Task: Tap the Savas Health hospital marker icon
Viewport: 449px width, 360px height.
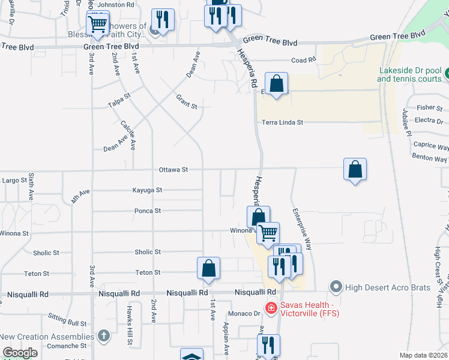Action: pyautogui.click(x=271, y=308)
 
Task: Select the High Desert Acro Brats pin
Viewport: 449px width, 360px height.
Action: pyautogui.click(x=336, y=287)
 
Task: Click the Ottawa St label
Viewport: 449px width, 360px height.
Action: pyautogui.click(x=173, y=170)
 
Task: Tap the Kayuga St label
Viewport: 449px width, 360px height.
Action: pyautogui.click(x=148, y=190)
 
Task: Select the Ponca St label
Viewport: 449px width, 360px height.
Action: pyautogui.click(x=148, y=211)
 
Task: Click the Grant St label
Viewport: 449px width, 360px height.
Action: pyautogui.click(x=187, y=101)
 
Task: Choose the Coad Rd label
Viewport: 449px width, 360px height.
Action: pyautogui.click(x=303, y=60)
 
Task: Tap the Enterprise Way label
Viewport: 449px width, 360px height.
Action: pyautogui.click(x=302, y=229)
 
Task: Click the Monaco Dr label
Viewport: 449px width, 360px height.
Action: pyautogui.click(x=243, y=314)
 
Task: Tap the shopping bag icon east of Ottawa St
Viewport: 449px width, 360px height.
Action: pyautogui.click(x=355, y=169)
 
